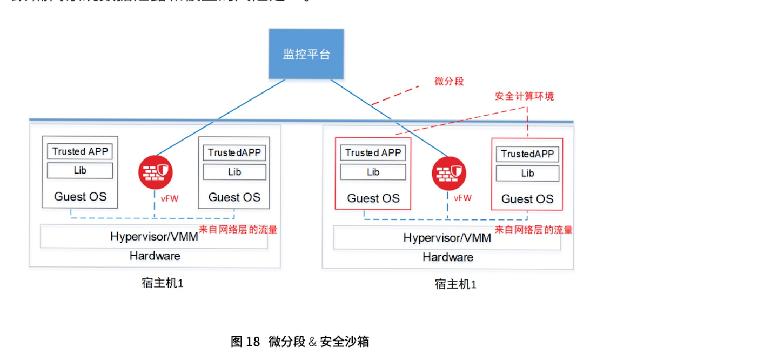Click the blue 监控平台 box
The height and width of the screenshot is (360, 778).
(x=306, y=54)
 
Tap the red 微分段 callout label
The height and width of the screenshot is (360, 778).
(x=449, y=81)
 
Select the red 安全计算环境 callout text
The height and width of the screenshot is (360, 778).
(x=524, y=96)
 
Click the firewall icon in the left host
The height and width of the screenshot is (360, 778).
(x=156, y=172)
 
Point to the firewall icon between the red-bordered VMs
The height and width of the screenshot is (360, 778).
(x=448, y=174)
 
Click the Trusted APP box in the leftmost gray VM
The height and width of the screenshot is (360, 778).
(x=80, y=151)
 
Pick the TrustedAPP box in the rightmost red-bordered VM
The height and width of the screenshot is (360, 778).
(x=527, y=154)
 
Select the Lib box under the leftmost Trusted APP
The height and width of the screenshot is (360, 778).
(x=80, y=170)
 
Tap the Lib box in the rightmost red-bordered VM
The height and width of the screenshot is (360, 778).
(x=527, y=174)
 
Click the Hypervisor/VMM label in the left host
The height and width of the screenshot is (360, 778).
(x=154, y=236)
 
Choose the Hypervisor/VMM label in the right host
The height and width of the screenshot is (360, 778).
(x=447, y=238)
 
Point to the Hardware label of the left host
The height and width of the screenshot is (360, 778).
(x=155, y=256)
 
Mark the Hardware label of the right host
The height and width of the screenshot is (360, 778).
(x=447, y=257)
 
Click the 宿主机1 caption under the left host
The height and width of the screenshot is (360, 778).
(x=163, y=283)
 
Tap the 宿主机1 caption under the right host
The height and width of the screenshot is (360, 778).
(x=455, y=284)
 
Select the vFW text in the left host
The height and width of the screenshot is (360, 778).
(x=169, y=198)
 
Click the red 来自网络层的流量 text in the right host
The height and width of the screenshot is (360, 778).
(x=533, y=230)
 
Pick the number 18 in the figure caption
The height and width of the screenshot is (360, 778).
(x=253, y=342)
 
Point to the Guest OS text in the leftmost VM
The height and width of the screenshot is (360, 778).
(x=80, y=197)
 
